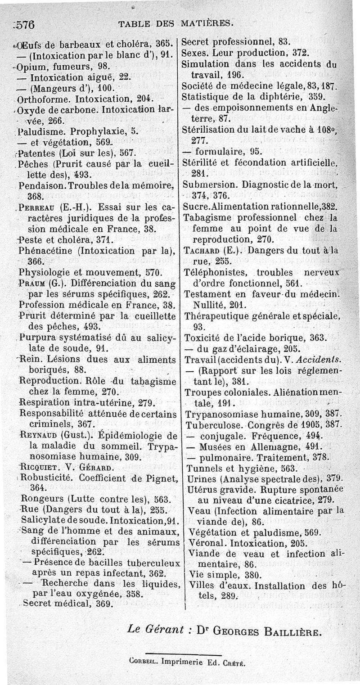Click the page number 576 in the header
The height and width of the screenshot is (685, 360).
coord(25,24)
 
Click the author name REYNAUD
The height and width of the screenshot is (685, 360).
coord(40,436)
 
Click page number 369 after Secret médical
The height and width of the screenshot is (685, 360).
coord(103,604)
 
